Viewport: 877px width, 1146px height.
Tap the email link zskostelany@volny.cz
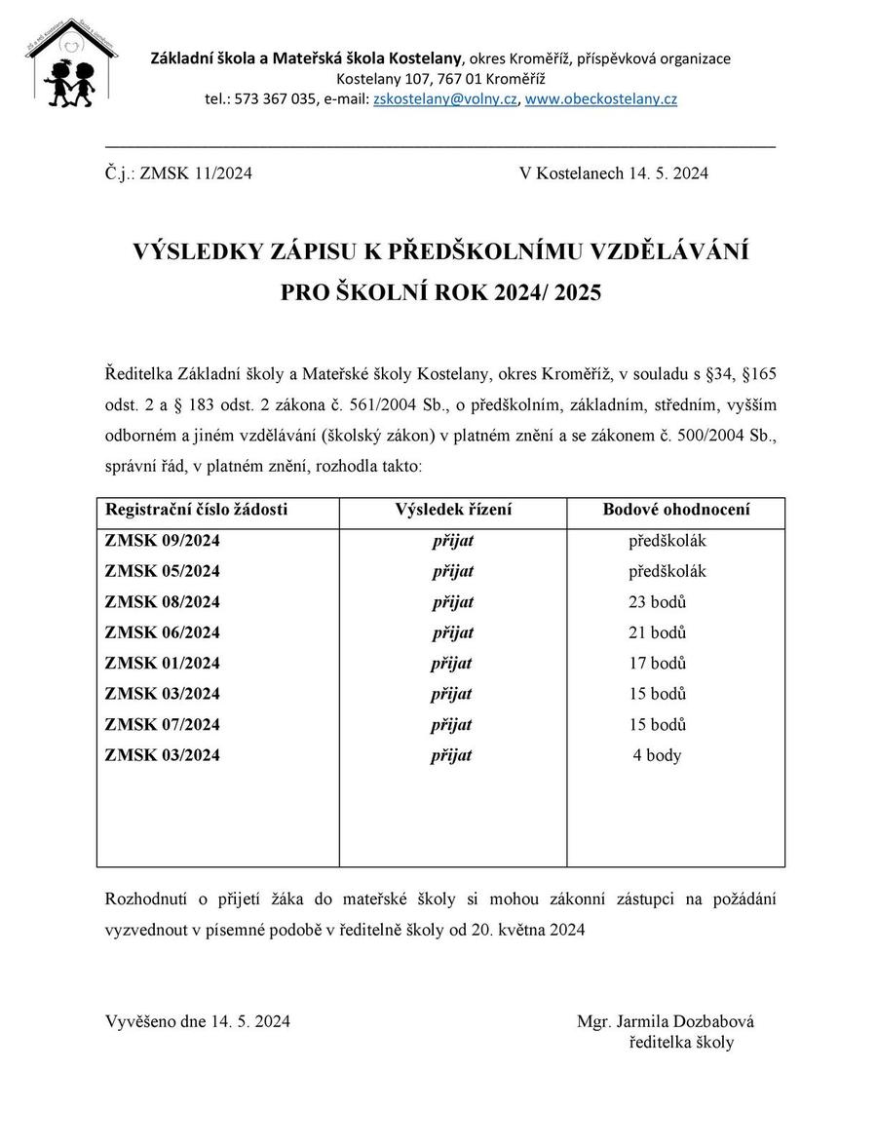[x=444, y=99]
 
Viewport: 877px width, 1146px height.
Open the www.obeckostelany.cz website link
[x=600, y=99]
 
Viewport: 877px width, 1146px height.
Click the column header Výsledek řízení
[x=453, y=510]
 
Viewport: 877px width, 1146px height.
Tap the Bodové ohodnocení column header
[x=676, y=510]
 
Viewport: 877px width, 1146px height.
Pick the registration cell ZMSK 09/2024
[x=162, y=541]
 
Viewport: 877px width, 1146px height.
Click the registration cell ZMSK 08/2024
[x=162, y=602]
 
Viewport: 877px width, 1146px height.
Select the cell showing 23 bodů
[x=658, y=602]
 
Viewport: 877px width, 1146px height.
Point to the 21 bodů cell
[x=658, y=632]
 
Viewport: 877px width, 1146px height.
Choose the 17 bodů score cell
[x=658, y=664]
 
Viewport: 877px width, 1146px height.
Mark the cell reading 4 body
[x=658, y=755]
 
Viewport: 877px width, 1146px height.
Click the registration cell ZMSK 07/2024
[x=162, y=725]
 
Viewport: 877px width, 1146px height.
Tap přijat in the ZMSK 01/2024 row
[x=452, y=664]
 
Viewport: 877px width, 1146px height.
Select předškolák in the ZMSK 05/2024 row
[x=667, y=571]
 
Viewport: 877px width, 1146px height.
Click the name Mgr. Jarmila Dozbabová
[x=666, y=1022]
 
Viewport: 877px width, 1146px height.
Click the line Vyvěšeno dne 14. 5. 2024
[x=198, y=1022]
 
